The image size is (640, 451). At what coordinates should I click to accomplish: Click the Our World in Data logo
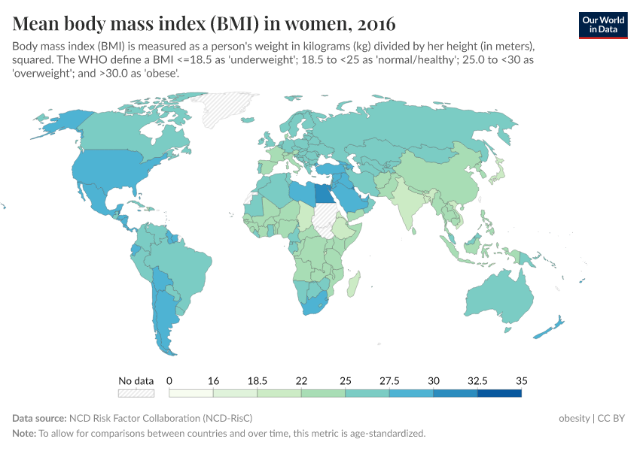click(x=603, y=25)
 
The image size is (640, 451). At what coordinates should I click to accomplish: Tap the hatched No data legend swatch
click(x=136, y=392)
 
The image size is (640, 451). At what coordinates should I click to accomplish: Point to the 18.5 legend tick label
click(x=257, y=380)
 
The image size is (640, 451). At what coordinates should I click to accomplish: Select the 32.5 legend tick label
click(x=477, y=380)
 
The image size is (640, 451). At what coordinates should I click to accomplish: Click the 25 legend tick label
click(x=346, y=380)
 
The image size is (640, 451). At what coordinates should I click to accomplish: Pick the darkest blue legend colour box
click(x=499, y=392)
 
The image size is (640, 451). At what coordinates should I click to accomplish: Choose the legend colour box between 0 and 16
click(x=191, y=392)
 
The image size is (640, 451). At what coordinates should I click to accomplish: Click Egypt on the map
click(x=325, y=194)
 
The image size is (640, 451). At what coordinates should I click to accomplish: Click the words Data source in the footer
click(x=38, y=418)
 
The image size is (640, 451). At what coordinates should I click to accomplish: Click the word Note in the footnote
click(x=23, y=434)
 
